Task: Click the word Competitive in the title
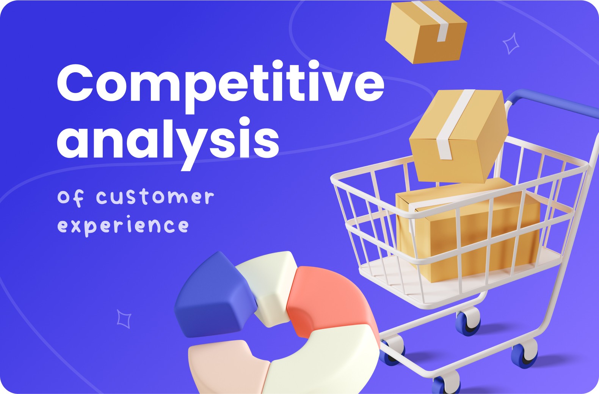point(221,87)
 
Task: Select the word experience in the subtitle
point(123,226)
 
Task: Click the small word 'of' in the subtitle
point(71,198)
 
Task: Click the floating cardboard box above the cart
point(426,32)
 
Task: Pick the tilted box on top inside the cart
point(459,136)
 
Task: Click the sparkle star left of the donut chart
point(124,319)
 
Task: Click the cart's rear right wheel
point(524,355)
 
